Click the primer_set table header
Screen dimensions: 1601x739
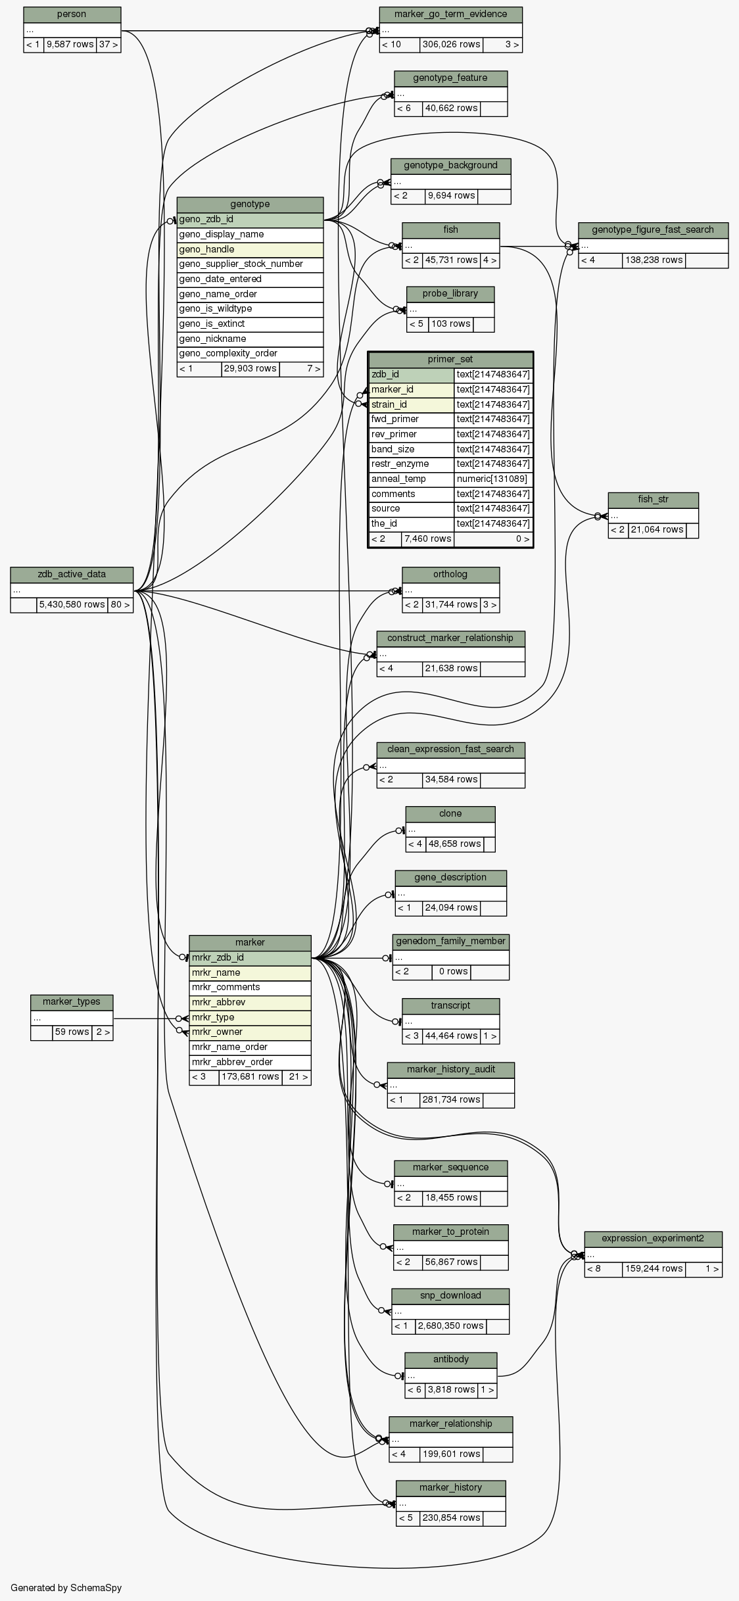click(450, 360)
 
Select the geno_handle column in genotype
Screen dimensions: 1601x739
click(250, 250)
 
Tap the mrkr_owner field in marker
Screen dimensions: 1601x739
click(250, 1032)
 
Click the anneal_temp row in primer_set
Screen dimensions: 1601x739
click(412, 479)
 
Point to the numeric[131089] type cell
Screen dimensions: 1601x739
click(492, 479)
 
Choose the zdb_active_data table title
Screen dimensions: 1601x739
click(72, 575)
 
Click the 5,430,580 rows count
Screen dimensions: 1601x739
click(72, 605)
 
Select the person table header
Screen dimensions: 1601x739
click(72, 14)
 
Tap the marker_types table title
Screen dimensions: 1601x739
click(72, 1002)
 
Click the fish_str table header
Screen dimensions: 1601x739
click(653, 500)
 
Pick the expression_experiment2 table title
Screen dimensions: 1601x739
click(653, 1239)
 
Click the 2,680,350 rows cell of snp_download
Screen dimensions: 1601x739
click(450, 1326)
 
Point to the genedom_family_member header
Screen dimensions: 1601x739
click(450, 942)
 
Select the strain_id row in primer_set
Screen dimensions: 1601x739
click(412, 405)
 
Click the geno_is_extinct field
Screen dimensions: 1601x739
click(250, 324)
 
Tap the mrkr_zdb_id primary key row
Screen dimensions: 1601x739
click(250, 958)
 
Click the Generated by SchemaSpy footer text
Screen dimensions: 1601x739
click(66, 1588)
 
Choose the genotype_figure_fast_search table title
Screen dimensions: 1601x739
click(653, 230)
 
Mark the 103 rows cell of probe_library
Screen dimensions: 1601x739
click(450, 324)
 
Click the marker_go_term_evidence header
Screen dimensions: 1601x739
click(450, 14)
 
